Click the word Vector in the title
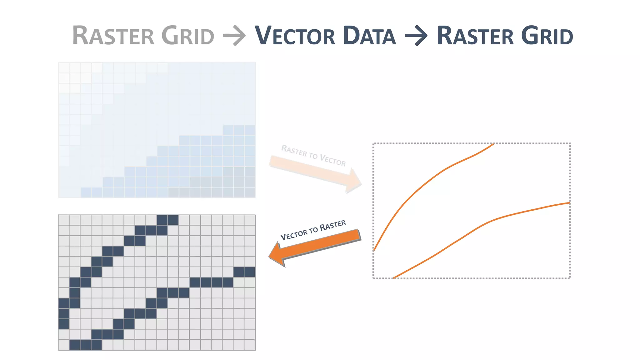pos(295,36)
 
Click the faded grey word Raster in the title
pos(113,36)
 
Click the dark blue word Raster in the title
pos(475,36)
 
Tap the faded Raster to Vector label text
pos(313,155)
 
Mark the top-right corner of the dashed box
pos(570,144)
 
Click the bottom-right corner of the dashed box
pos(570,278)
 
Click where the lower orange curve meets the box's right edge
pos(570,203)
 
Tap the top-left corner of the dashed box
pos(374,144)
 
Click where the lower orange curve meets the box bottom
pos(394,277)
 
